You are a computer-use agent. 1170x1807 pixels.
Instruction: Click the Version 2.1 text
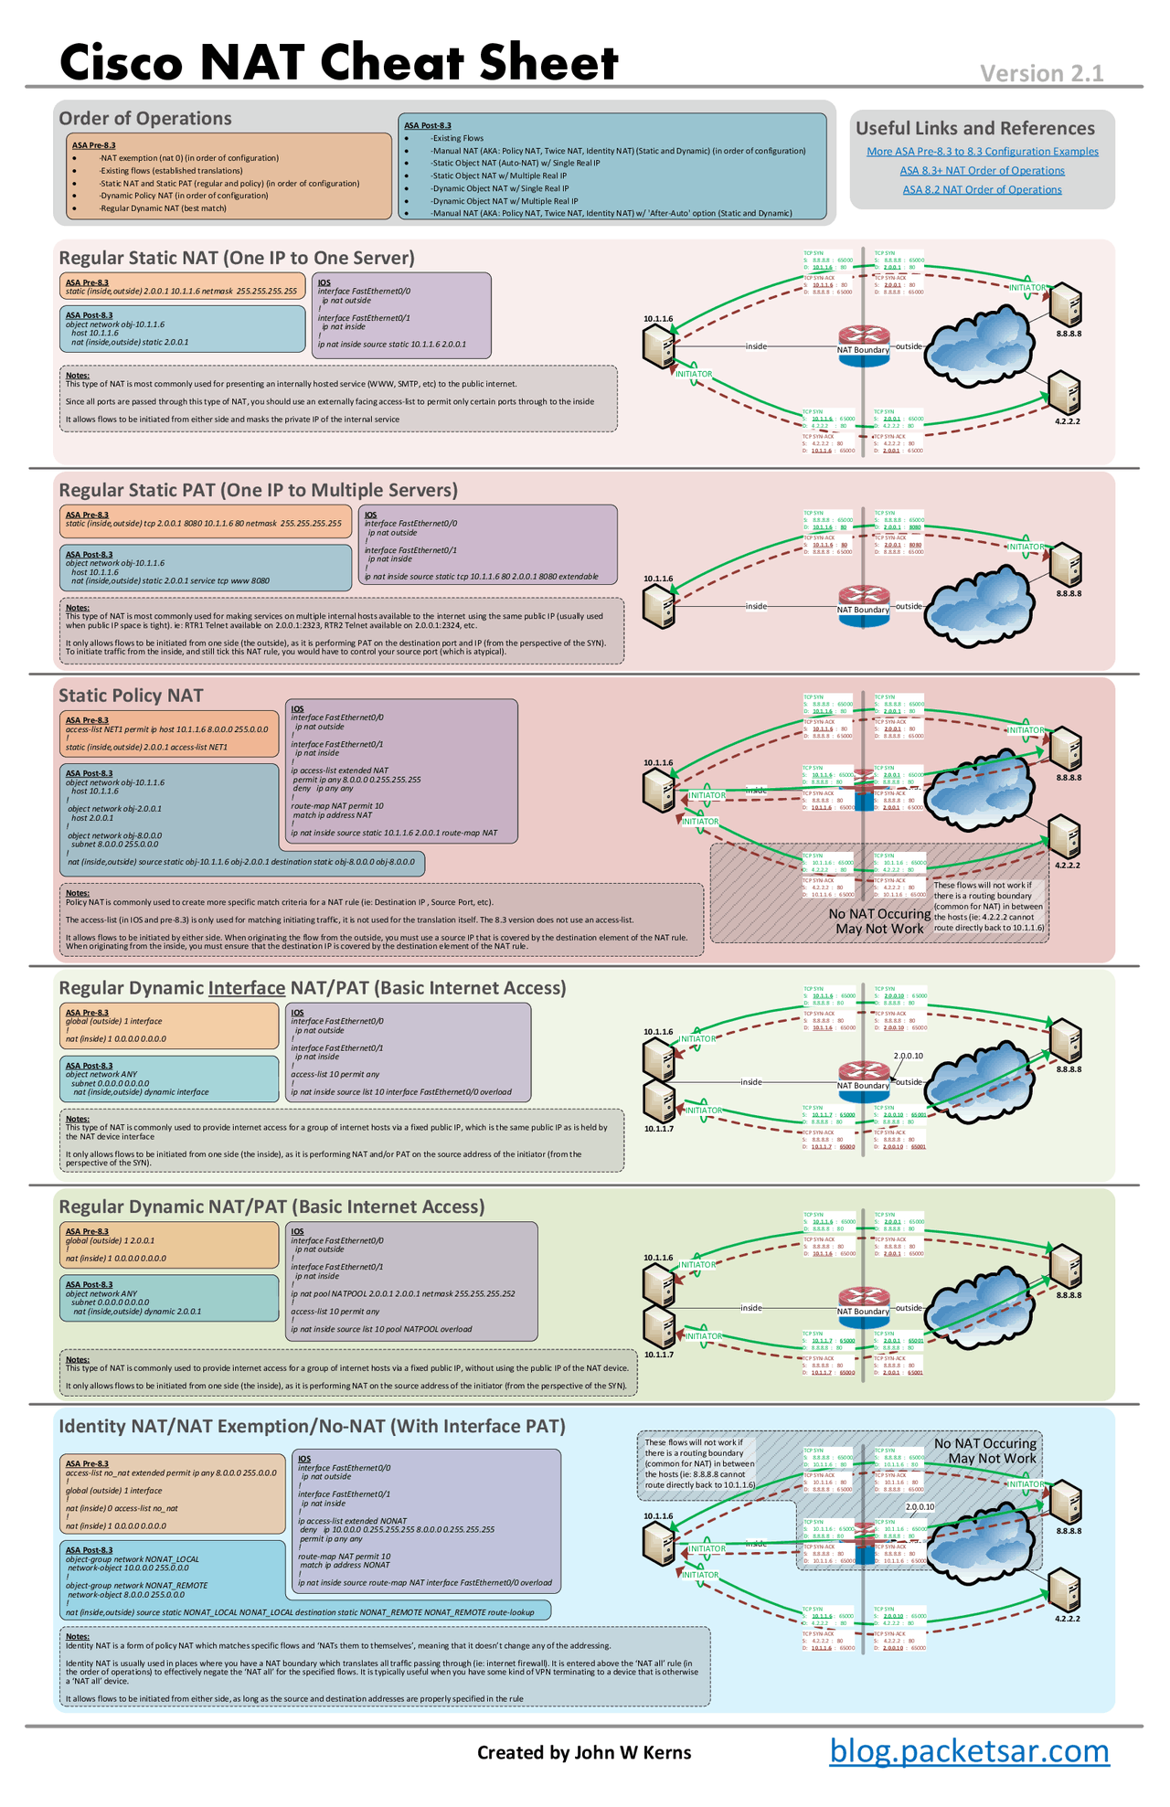pos(1041,73)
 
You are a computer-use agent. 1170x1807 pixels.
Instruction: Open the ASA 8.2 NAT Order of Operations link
pos(982,190)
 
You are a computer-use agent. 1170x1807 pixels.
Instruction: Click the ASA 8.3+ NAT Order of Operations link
pos(982,171)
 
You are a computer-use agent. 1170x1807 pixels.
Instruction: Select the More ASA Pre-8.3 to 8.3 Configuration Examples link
pos(982,152)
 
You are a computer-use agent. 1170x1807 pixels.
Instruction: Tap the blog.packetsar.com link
pos(969,1751)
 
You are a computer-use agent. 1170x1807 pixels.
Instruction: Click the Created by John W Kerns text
pos(584,1752)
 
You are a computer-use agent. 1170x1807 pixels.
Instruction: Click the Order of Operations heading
pos(144,118)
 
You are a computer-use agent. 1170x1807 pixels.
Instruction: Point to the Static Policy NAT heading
pos(131,696)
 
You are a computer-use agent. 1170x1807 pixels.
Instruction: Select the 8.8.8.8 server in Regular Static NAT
pos(1065,304)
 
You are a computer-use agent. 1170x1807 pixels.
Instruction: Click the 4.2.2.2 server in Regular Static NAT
pos(1065,392)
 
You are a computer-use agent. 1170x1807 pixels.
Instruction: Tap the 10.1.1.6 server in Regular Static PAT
pos(658,606)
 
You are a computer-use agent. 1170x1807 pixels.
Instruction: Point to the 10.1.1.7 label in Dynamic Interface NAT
pos(658,1129)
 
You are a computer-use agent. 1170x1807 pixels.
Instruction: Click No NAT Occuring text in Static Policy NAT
pos(878,914)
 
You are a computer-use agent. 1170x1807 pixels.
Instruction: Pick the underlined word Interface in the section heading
pos(247,988)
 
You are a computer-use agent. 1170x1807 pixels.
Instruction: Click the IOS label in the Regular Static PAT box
pos(370,515)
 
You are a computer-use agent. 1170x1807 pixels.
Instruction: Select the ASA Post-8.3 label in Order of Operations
pos(428,125)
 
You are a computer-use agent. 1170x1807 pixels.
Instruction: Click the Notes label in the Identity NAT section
pos(78,1636)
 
